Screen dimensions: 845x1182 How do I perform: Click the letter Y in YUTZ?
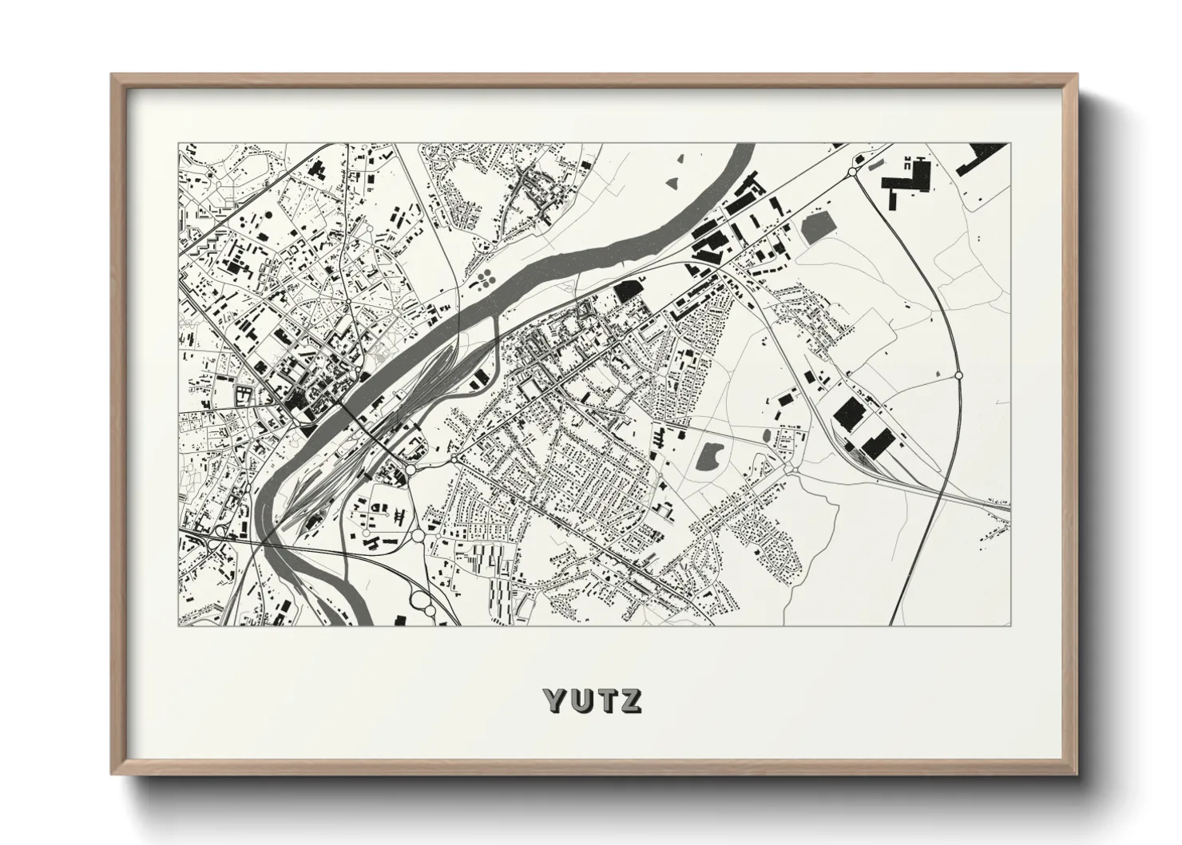(555, 700)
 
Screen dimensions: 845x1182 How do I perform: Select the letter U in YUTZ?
(580, 700)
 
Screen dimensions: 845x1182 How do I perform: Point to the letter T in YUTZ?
(605, 700)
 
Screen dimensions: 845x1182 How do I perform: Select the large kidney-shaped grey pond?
(708, 456)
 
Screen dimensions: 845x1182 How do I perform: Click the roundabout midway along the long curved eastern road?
(958, 375)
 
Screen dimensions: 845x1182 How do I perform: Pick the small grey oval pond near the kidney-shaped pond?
(767, 436)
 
